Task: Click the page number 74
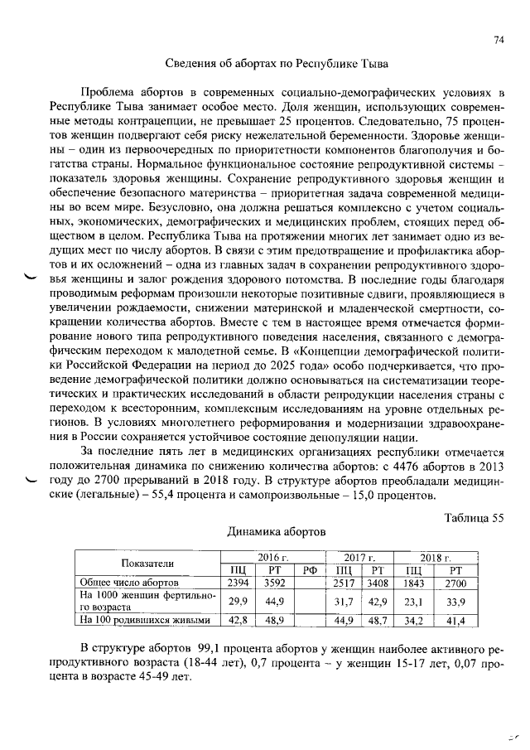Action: pyautogui.click(x=499, y=40)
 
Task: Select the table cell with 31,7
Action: pyautogui.click(x=343, y=601)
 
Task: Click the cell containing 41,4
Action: pyautogui.click(x=455, y=619)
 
